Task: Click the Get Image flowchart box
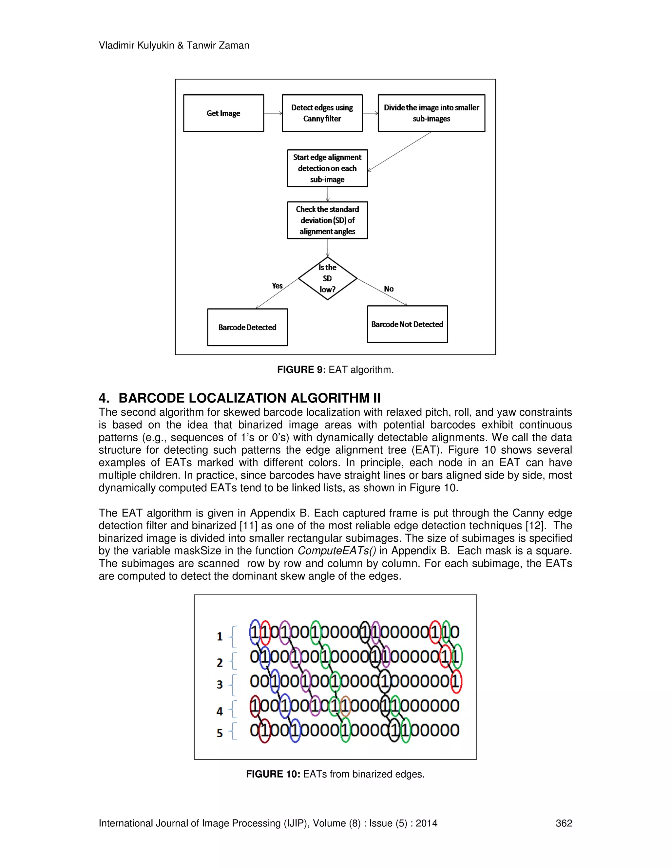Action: click(x=223, y=113)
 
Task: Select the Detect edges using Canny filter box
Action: click(x=322, y=113)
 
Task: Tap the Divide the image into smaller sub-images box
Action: click(x=431, y=113)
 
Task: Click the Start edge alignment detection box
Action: click(x=327, y=168)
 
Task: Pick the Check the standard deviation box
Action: click(x=327, y=220)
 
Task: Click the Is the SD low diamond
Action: click(x=327, y=278)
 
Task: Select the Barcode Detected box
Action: click(x=247, y=327)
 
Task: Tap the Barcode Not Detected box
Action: click(x=407, y=324)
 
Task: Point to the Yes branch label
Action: click(x=277, y=286)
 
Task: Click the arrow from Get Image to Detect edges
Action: click(x=273, y=113)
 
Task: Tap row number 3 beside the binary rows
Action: click(x=220, y=684)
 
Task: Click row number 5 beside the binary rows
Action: click(x=220, y=733)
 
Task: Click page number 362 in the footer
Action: click(x=563, y=823)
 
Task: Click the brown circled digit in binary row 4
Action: click(x=345, y=706)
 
